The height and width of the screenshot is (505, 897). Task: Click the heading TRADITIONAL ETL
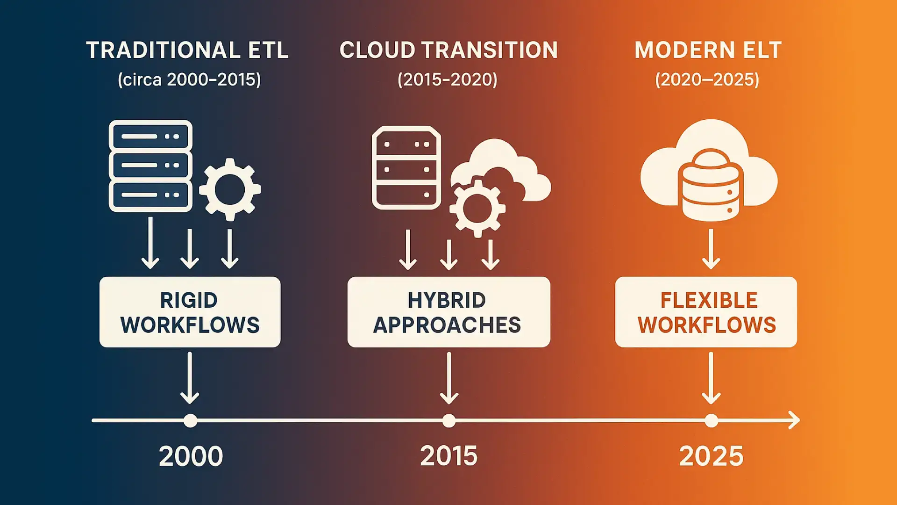pyautogui.click(x=187, y=50)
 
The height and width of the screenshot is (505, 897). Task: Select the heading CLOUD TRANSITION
pyautogui.click(x=448, y=50)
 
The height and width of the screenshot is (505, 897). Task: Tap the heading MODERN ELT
pyautogui.click(x=708, y=50)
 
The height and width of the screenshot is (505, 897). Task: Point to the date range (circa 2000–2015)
pyautogui.click(x=189, y=79)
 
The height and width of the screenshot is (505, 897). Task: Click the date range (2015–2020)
pyautogui.click(x=448, y=79)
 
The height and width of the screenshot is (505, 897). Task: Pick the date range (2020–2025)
pyautogui.click(x=707, y=79)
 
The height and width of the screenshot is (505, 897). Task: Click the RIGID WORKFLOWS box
pyautogui.click(x=190, y=312)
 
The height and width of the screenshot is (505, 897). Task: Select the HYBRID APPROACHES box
pyautogui.click(x=448, y=312)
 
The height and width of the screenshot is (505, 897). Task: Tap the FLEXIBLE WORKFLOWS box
pyautogui.click(x=706, y=312)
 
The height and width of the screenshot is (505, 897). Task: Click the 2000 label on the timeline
pyautogui.click(x=191, y=456)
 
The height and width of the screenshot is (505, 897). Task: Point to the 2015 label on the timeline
pyautogui.click(x=449, y=456)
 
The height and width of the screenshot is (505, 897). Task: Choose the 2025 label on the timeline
pyautogui.click(x=711, y=456)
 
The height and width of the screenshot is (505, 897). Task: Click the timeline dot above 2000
pyautogui.click(x=190, y=421)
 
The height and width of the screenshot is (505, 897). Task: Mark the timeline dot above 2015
pyautogui.click(x=449, y=421)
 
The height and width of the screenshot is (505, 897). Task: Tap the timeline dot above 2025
pyautogui.click(x=711, y=421)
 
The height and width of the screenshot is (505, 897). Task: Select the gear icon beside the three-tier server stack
pyautogui.click(x=230, y=189)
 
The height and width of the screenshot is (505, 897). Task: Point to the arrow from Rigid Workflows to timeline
pyautogui.click(x=190, y=378)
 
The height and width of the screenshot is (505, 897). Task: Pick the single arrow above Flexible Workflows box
pyautogui.click(x=711, y=249)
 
